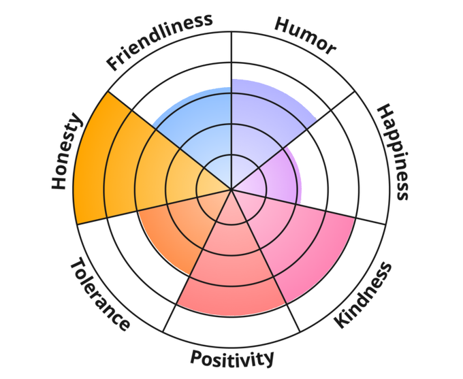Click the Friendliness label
(160, 42)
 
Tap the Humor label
(305, 35)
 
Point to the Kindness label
(364, 295)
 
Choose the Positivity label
(231, 358)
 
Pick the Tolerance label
(99, 294)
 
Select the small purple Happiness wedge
(276, 174)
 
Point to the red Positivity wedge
(231, 272)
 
